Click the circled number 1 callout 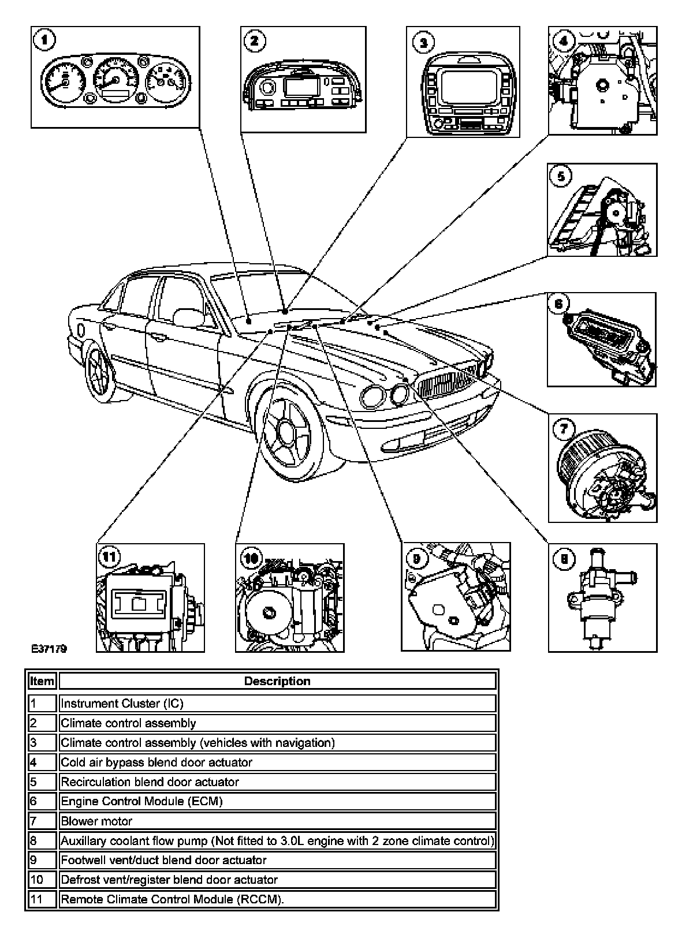pyautogui.click(x=44, y=42)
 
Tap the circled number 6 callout pyautogui.click(x=560, y=304)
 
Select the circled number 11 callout pyautogui.click(x=109, y=557)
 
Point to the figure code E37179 pyautogui.click(x=49, y=649)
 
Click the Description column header pyautogui.click(x=277, y=681)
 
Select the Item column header pyautogui.click(x=42, y=681)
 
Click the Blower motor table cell pyautogui.click(x=277, y=821)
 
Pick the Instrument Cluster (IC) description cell pyautogui.click(x=277, y=703)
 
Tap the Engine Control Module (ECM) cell pyautogui.click(x=277, y=801)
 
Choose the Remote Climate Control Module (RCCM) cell pyautogui.click(x=277, y=899)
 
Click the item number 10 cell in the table pyautogui.click(x=42, y=880)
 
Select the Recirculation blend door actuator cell pyautogui.click(x=277, y=782)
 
